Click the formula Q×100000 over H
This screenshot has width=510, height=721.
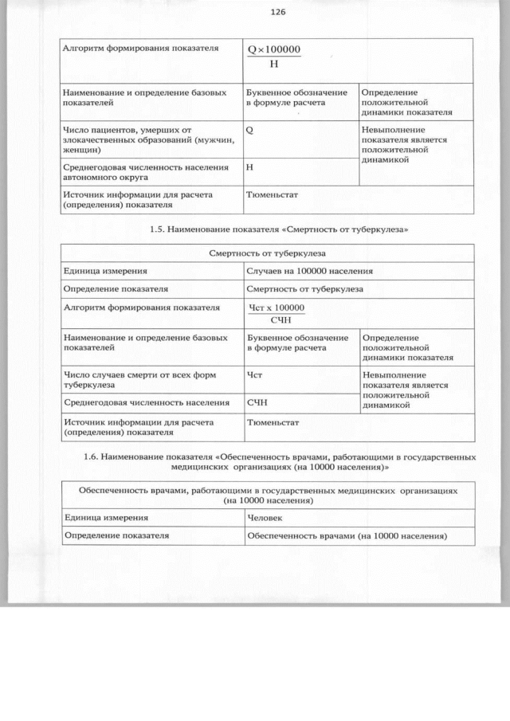click(273, 56)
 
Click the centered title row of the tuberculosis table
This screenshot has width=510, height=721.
click(267, 253)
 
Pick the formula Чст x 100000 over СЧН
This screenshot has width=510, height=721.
click(277, 313)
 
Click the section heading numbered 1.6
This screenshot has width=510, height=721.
click(280, 462)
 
